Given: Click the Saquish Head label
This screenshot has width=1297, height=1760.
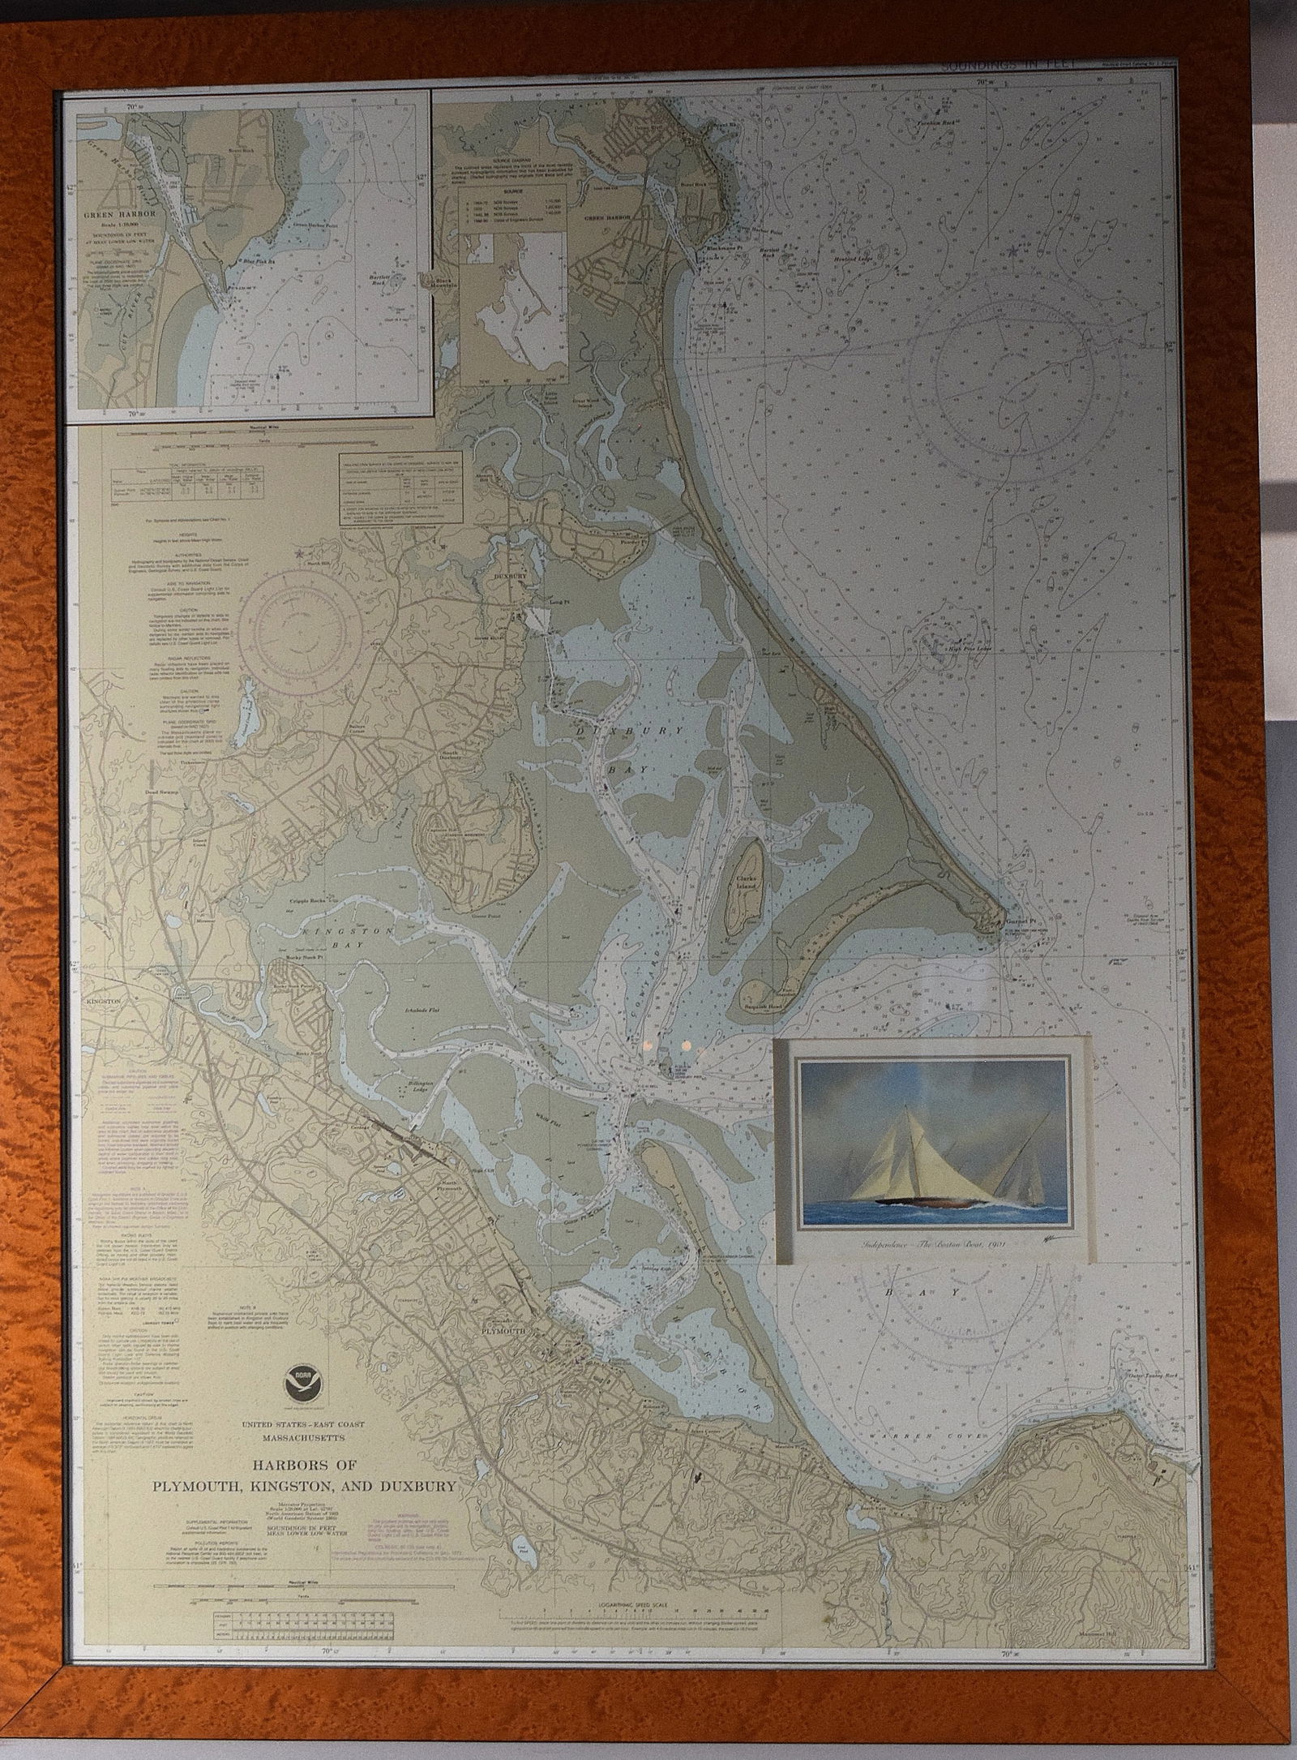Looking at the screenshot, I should click(765, 1003).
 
